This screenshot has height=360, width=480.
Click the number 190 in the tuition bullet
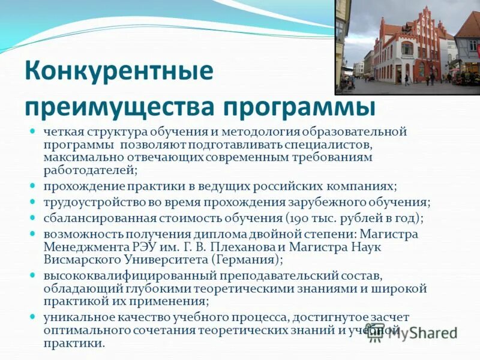[301, 218]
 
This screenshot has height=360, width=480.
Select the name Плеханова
[240, 247]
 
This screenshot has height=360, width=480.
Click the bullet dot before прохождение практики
[34, 186]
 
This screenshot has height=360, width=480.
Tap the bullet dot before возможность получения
[34, 233]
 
